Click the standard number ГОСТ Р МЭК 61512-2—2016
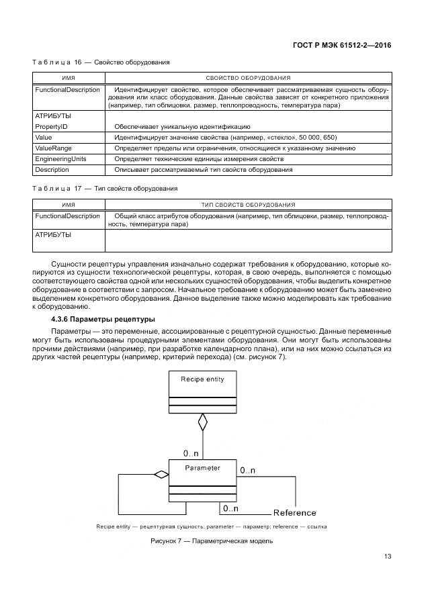343,46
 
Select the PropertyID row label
51,126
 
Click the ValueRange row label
53,148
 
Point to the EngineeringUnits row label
60,159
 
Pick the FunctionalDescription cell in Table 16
67,90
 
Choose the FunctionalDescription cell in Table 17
67,216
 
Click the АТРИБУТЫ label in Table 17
53,235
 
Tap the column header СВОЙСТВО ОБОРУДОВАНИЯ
248,78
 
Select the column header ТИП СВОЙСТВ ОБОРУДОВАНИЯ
248,204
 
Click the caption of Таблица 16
101,62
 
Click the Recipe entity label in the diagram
202,379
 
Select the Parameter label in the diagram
202,468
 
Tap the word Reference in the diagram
295,513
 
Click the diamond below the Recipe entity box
202,422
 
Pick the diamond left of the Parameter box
161,475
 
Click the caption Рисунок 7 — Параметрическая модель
212,541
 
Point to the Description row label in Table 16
52,170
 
